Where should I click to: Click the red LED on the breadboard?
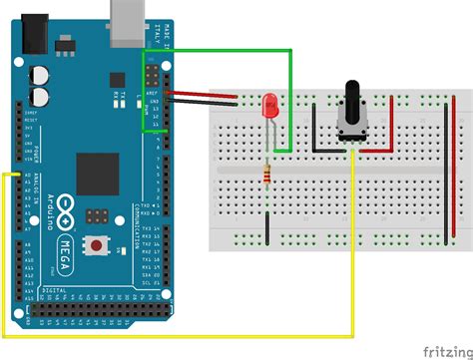(x=268, y=104)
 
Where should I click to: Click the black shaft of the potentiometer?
(x=353, y=96)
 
